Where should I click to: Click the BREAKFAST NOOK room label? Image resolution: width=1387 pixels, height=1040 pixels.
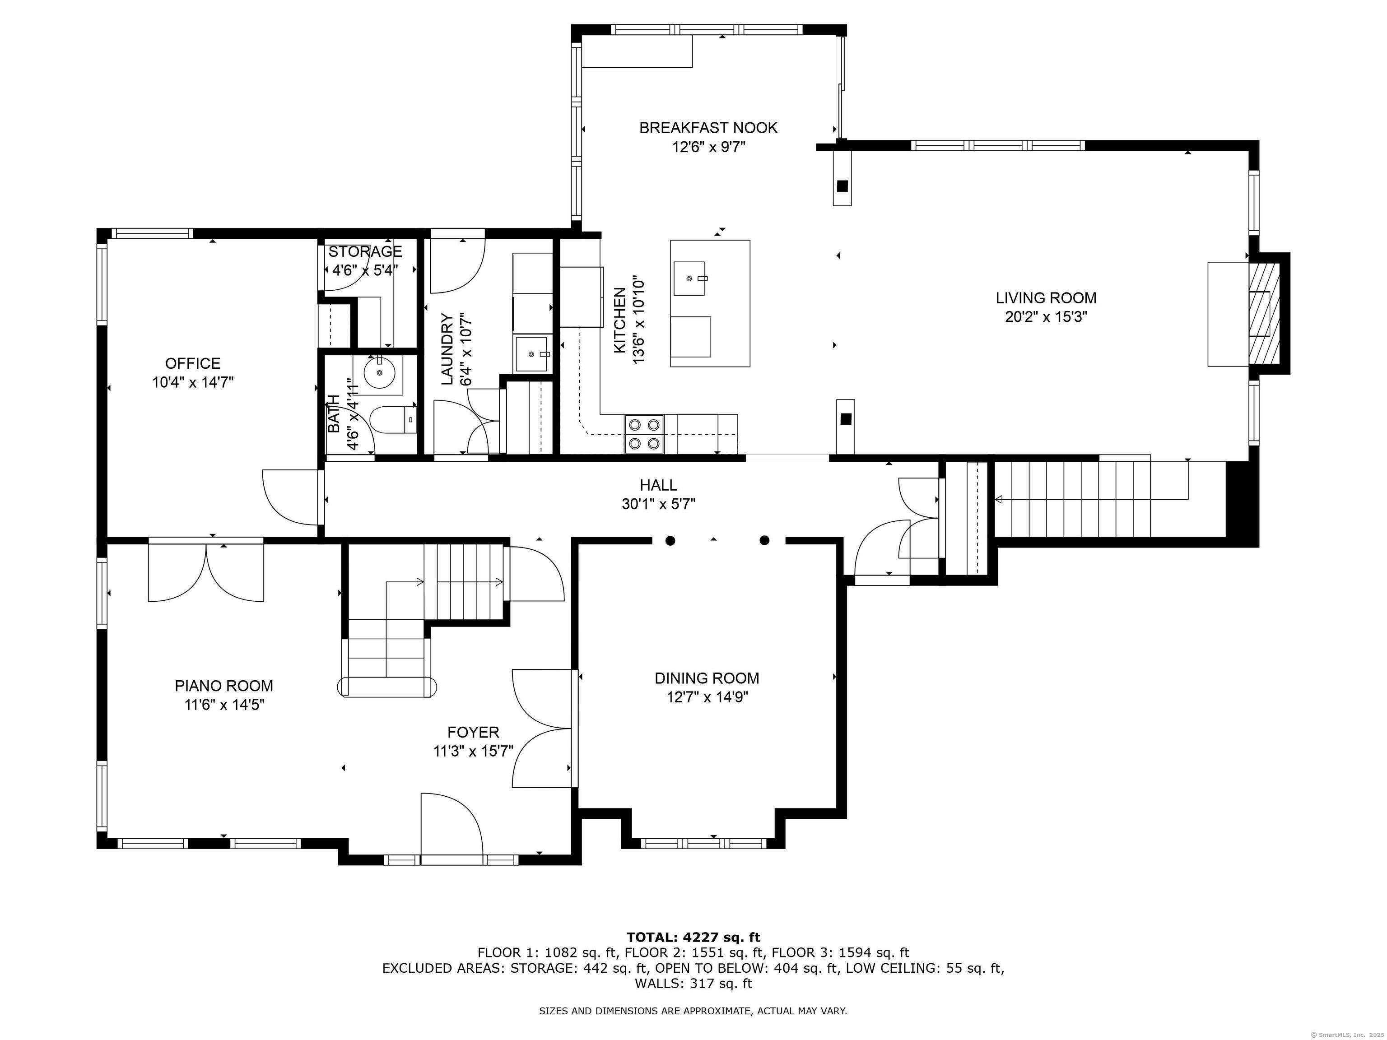click(x=708, y=128)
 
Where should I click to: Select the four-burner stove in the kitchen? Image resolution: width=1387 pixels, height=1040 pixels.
click(x=645, y=434)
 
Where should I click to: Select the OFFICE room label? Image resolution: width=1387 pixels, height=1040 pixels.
click(x=192, y=363)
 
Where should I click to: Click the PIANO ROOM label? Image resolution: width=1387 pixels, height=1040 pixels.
click(x=224, y=686)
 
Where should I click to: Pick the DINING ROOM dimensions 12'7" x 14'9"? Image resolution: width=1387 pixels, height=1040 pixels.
click(x=707, y=697)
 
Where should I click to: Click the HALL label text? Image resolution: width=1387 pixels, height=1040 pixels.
click(x=658, y=485)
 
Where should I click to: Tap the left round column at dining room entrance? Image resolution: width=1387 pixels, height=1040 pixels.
click(x=670, y=540)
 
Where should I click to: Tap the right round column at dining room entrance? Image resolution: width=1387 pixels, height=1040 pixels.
click(x=764, y=540)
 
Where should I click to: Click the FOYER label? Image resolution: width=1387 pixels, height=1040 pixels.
click(x=474, y=732)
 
